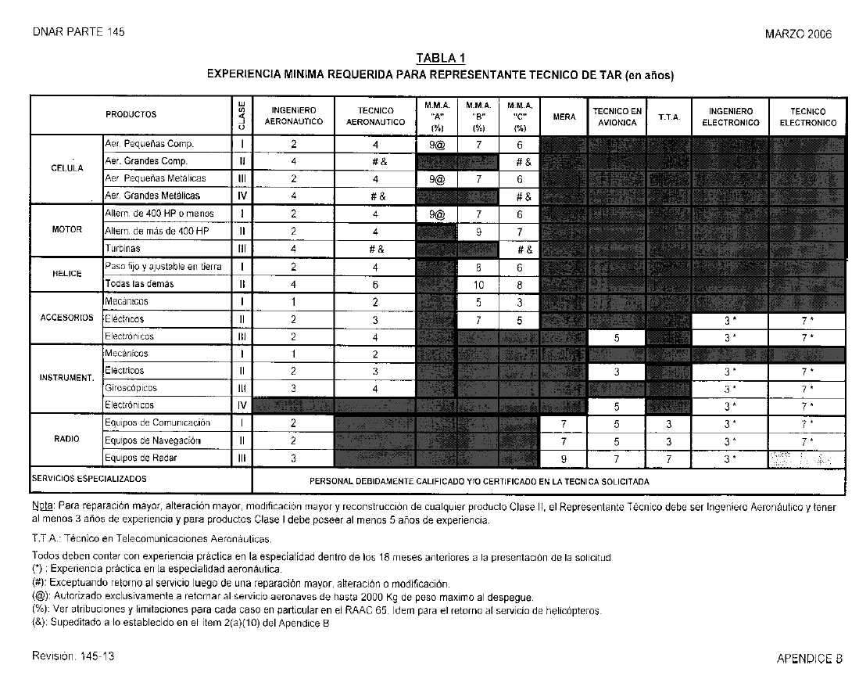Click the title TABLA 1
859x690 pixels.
pyautogui.click(x=440, y=58)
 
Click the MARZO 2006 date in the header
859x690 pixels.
pyautogui.click(x=798, y=34)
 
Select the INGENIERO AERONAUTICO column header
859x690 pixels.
pyautogui.click(x=293, y=116)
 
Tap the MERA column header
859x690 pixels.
pyautogui.click(x=564, y=117)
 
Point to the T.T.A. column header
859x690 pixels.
pyautogui.click(x=669, y=117)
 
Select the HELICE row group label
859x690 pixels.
pyautogui.click(x=66, y=275)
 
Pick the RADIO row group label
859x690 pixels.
pyautogui.click(x=66, y=439)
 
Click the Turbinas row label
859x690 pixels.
pyautogui.click(x=123, y=248)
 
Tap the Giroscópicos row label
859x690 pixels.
pyautogui.click(x=131, y=388)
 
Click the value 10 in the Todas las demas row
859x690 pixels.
pyautogui.click(x=478, y=285)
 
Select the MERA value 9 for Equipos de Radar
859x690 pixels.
pyautogui.click(x=564, y=458)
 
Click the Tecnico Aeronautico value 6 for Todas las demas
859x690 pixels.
pyautogui.click(x=375, y=285)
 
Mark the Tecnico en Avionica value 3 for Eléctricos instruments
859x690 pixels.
pyautogui.click(x=617, y=372)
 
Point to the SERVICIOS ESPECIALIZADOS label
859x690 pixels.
pyautogui.click(x=89, y=478)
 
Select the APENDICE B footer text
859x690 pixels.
pyautogui.click(x=809, y=659)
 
